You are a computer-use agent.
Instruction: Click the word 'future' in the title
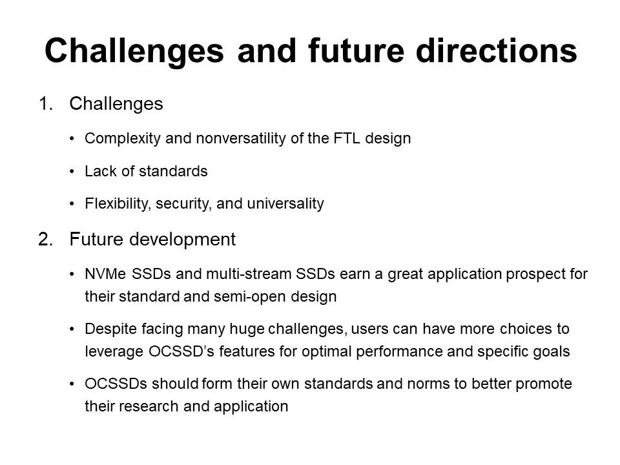[x=356, y=50]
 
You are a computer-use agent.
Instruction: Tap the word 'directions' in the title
[x=496, y=50]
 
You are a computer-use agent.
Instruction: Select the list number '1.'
[x=46, y=103]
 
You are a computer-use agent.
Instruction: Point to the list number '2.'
[x=46, y=239]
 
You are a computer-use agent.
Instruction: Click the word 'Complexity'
[x=122, y=139]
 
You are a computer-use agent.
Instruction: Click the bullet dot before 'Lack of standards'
[x=72, y=172]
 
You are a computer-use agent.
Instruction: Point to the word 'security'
[x=183, y=204]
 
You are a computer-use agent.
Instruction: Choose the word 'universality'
[x=285, y=204]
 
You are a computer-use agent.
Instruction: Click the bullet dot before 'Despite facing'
[x=72, y=329]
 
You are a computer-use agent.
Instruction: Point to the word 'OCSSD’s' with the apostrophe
[x=181, y=351]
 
